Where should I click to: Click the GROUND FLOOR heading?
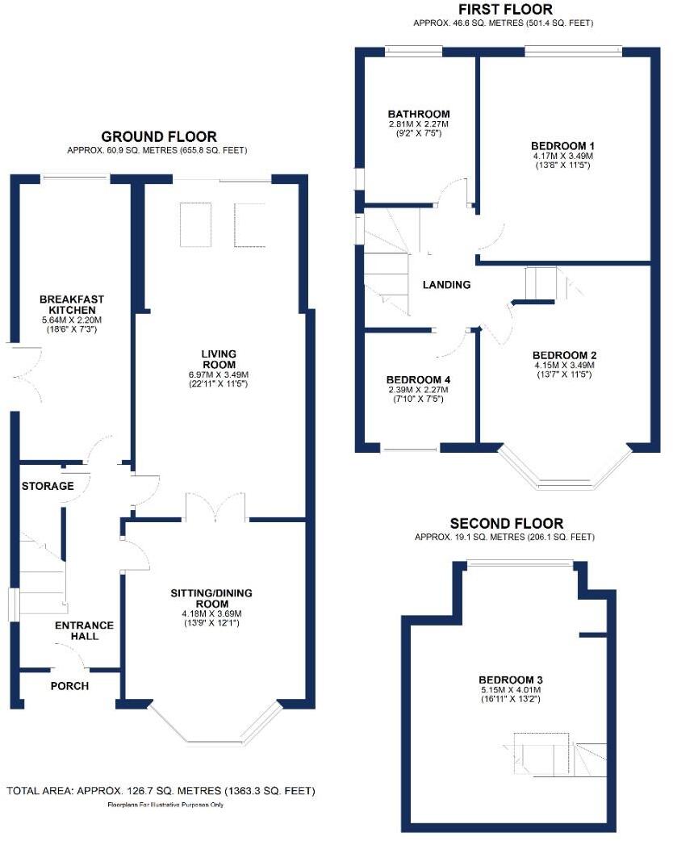pyautogui.click(x=159, y=136)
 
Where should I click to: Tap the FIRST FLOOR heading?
pyautogui.click(x=505, y=9)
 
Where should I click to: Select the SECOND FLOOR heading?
pyautogui.click(x=507, y=524)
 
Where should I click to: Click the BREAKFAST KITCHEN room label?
pyautogui.click(x=72, y=304)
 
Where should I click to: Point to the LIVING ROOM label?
pyautogui.click(x=219, y=359)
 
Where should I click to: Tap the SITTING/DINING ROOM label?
pyautogui.click(x=211, y=599)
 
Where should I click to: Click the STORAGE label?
pyautogui.click(x=48, y=486)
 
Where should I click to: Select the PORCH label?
pyautogui.click(x=69, y=686)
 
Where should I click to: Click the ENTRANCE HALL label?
pyautogui.click(x=84, y=631)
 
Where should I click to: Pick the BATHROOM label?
pyautogui.click(x=419, y=114)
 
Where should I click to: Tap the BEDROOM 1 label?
pyautogui.click(x=562, y=146)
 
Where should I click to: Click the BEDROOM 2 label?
pyautogui.click(x=564, y=355)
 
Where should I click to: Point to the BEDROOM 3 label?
pyautogui.click(x=511, y=680)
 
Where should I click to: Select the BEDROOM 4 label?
pyautogui.click(x=418, y=379)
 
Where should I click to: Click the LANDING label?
pyautogui.click(x=447, y=285)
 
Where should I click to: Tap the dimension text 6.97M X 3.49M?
pyautogui.click(x=218, y=374)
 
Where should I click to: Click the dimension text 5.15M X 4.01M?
pyautogui.click(x=511, y=690)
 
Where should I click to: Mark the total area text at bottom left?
pyautogui.click(x=161, y=791)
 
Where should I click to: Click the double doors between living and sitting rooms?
pyautogui.click(x=215, y=507)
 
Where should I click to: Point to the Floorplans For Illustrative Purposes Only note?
pyautogui.click(x=165, y=805)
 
